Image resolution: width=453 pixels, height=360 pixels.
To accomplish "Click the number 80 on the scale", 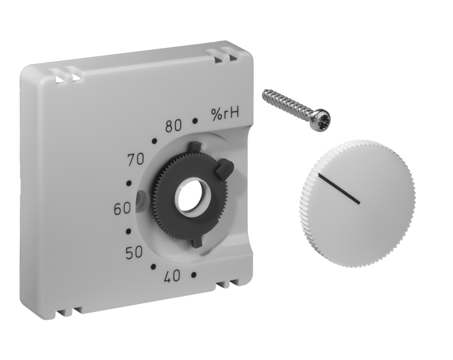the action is [x=174, y=126].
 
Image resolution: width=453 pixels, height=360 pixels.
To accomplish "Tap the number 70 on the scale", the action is [x=136, y=159].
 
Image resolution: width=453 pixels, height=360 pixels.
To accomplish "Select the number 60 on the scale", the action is [x=122, y=209].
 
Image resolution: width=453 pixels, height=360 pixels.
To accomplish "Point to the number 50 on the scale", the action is [x=134, y=252].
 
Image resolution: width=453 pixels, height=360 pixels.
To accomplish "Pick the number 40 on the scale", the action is [x=172, y=276].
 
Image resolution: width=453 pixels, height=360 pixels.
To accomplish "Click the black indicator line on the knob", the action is [x=339, y=189].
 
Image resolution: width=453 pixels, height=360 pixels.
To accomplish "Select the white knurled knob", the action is [x=358, y=204].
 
